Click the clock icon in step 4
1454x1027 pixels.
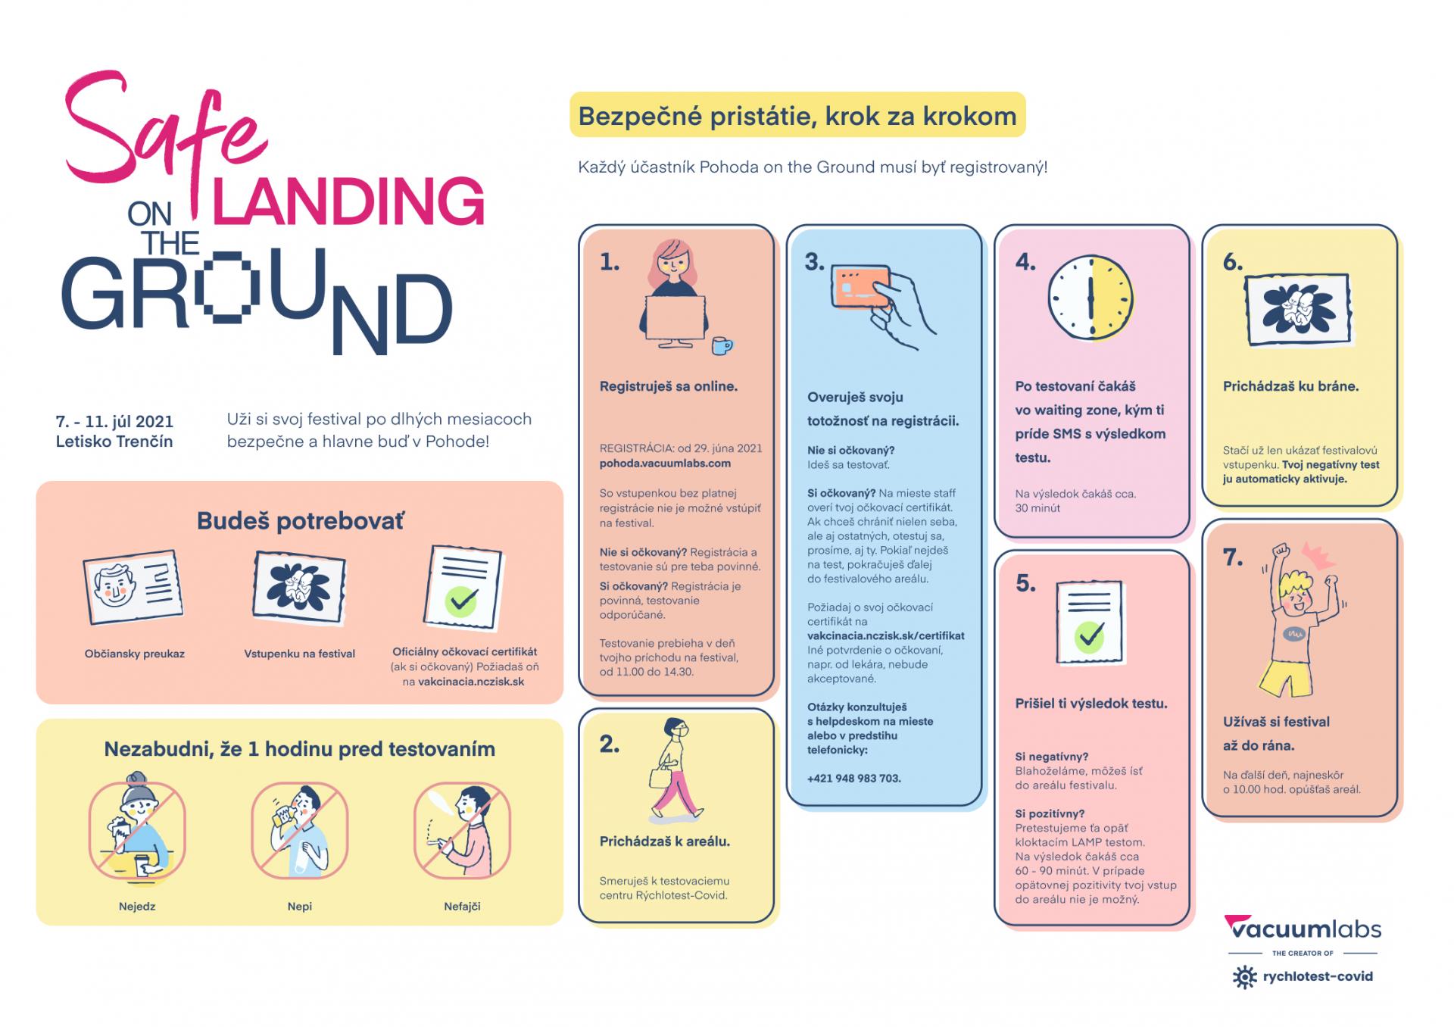point(1090,296)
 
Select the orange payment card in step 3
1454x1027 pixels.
point(861,286)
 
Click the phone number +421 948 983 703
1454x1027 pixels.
point(853,778)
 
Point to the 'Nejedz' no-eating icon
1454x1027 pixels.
point(137,830)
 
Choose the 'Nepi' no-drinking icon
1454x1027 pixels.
point(300,830)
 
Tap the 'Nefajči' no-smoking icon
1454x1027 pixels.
point(462,830)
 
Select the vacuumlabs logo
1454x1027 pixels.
point(1303,929)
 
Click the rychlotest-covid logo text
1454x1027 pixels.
point(1317,976)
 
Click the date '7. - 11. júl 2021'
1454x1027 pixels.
point(114,421)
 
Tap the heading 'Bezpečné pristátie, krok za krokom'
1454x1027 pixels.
point(797,116)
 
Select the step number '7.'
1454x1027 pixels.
point(1234,557)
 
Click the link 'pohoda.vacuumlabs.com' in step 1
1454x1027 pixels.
point(665,463)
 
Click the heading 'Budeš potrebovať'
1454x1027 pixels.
point(300,521)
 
